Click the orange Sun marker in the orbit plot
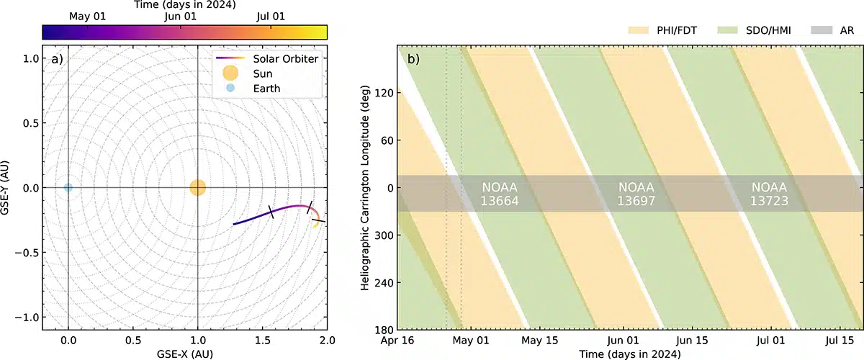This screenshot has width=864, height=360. [197, 188]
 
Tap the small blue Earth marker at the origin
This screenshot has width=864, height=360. [68, 188]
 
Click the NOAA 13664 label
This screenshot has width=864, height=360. [500, 194]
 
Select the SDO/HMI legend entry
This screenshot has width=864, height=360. [744, 32]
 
